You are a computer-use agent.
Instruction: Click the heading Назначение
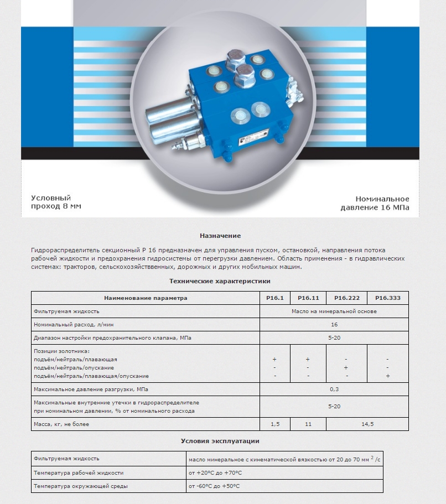[220, 236]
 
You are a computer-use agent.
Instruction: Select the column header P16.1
[274, 298]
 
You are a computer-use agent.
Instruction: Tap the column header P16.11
[308, 298]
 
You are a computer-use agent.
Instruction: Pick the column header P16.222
[346, 298]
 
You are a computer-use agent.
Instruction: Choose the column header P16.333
[388, 298]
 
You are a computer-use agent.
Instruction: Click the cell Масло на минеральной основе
[334, 311]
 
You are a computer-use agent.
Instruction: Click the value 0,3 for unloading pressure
[334, 389]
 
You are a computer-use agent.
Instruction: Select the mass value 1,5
[274, 424]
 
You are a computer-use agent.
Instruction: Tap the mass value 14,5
[367, 424]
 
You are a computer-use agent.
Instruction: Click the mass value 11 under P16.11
[308, 424]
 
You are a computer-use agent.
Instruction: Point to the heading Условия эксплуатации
[220, 441]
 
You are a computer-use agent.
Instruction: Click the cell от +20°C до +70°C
[216, 473]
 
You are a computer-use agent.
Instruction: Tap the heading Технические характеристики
[220, 281]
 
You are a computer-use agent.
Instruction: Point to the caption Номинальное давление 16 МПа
[375, 203]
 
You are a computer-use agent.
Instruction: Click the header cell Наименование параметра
[146, 298]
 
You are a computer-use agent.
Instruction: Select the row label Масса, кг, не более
[61, 424]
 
